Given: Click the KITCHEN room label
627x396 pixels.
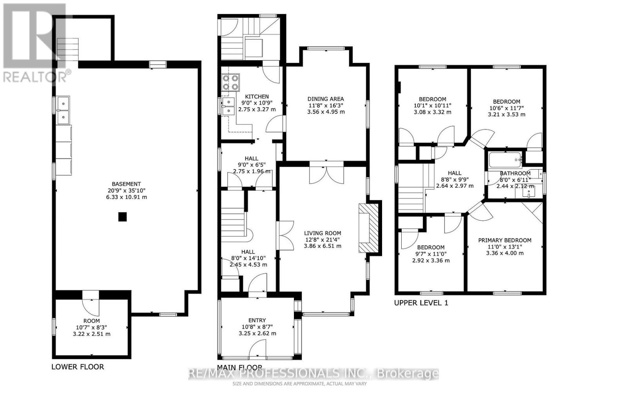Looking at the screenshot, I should (257, 97).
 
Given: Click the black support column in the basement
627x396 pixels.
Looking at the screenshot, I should (123, 217).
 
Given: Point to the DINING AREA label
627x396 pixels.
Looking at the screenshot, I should (325, 99).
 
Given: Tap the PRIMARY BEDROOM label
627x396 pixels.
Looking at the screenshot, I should (505, 240).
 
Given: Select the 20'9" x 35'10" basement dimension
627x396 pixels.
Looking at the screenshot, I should (126, 191).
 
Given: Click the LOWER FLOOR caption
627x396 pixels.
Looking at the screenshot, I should (78, 367).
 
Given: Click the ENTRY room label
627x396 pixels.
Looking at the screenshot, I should (257, 320).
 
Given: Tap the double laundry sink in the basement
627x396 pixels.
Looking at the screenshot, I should (63, 110).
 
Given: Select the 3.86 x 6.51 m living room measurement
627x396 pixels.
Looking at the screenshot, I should (322, 246).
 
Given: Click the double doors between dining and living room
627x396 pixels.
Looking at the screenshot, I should (326, 174).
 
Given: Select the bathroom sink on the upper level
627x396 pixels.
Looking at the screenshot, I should (531, 192).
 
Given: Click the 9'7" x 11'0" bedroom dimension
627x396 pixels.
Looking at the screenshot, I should (431, 254).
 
